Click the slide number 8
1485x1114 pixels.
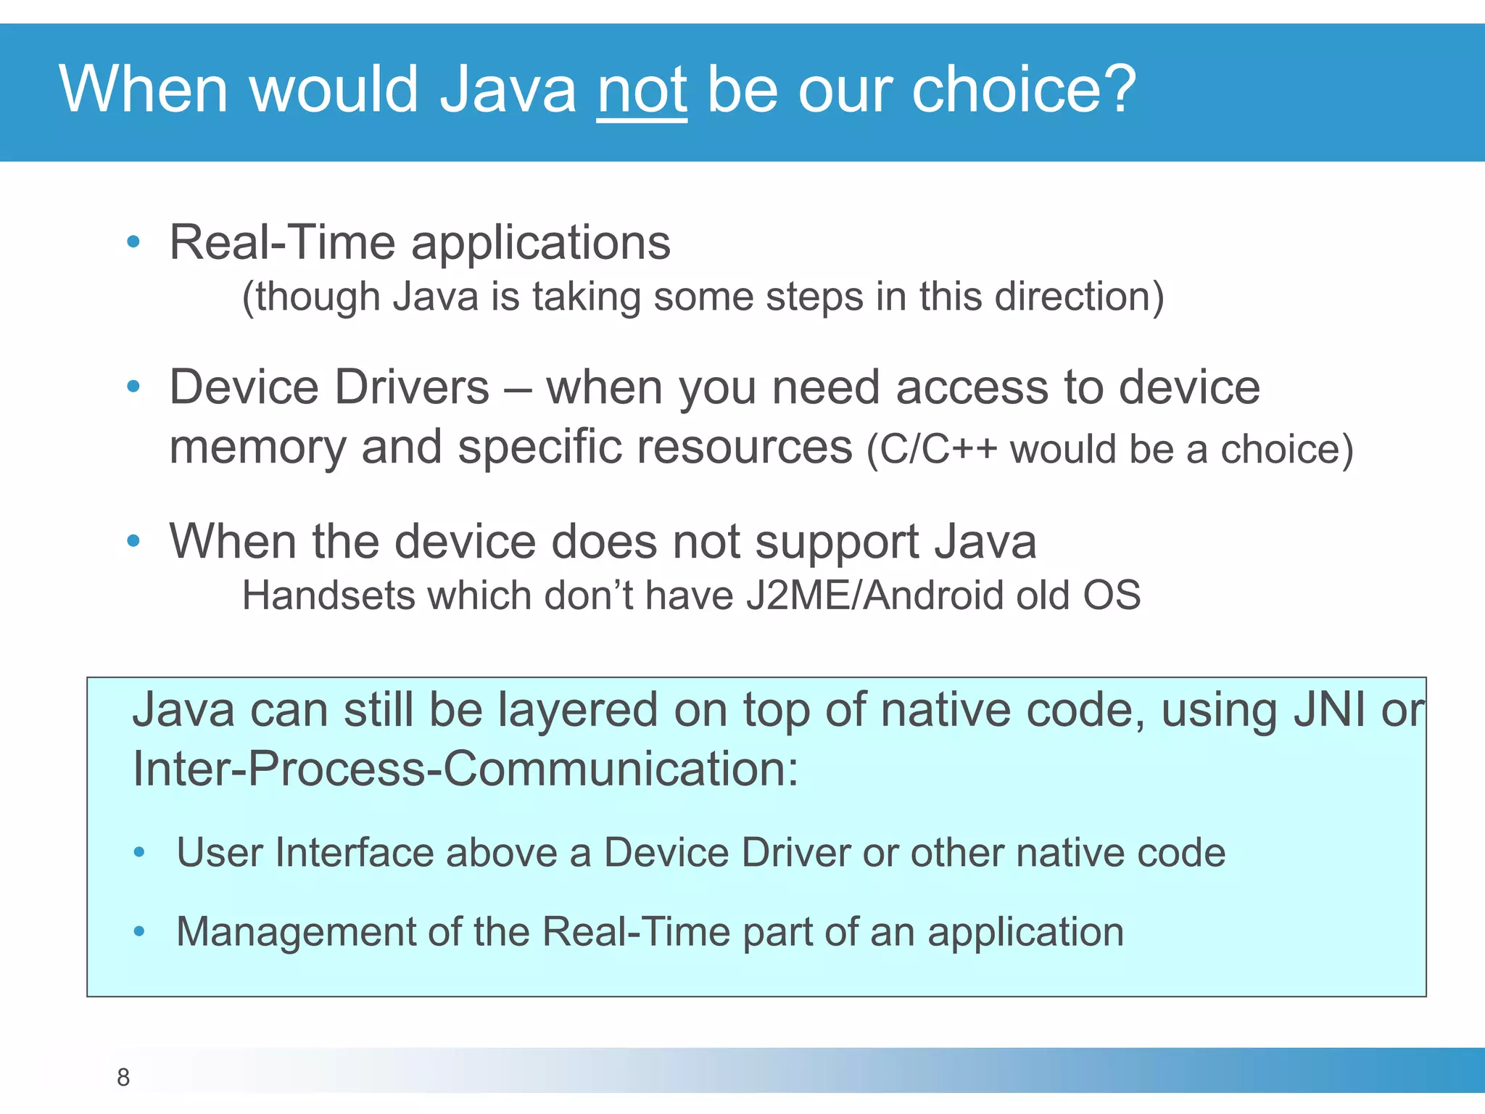[123, 1077]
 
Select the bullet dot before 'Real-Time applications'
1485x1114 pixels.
[133, 242]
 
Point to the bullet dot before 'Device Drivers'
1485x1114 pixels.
[133, 387]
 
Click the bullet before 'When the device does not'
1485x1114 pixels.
[133, 541]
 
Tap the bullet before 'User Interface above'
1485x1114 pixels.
[139, 853]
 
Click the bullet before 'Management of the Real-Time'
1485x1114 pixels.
[139, 932]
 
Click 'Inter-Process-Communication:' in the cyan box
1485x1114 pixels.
[465, 769]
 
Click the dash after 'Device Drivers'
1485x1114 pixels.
[517, 389]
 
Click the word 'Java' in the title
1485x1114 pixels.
[508, 89]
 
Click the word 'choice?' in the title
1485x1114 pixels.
[1023, 89]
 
